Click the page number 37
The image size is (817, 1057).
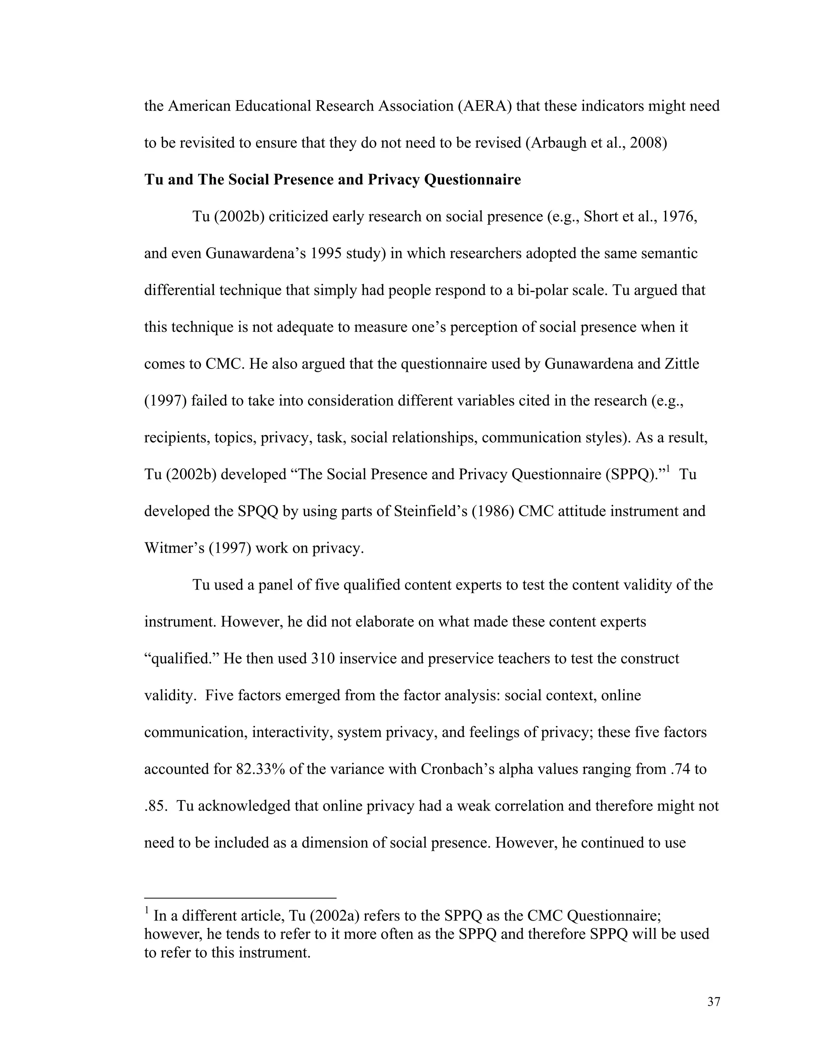pos(713,1001)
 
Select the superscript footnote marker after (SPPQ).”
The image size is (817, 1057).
pos(667,469)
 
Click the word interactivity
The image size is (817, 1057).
pos(292,733)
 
